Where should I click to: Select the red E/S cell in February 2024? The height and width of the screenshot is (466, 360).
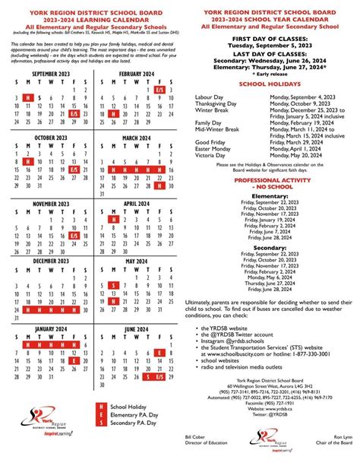pyautogui.click(x=159, y=90)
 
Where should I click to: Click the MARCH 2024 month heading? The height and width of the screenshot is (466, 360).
pyautogui.click(x=137, y=137)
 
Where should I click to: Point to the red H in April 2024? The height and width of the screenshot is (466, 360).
pyautogui.click(x=112, y=220)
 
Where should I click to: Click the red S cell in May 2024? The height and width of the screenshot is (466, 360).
pyautogui.click(x=112, y=285)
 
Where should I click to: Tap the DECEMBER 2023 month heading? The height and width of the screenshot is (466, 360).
pyautogui.click(x=49, y=262)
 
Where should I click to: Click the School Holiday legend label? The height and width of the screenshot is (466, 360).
pyautogui.click(x=131, y=408)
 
